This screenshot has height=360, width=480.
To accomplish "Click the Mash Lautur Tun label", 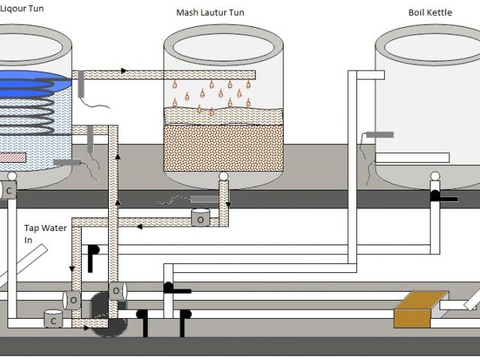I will pos(209,13).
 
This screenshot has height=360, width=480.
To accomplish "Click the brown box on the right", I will pos(416,308).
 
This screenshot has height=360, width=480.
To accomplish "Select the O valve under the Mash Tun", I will pos(201,217).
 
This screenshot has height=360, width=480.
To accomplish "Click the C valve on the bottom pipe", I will pos(52,319).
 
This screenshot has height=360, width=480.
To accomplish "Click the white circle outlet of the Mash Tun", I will pos(223,177).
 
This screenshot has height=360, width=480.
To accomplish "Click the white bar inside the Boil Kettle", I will pos(412,157).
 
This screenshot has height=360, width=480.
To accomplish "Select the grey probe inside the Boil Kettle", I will pos(379,135).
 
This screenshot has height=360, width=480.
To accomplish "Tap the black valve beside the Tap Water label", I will pos(93,255).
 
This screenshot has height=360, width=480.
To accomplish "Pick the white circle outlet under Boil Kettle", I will pos(434,177).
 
